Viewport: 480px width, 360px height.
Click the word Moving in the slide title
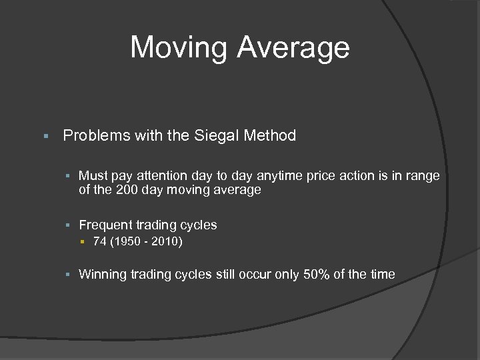click(178, 47)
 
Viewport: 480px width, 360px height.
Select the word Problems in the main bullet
click(96, 136)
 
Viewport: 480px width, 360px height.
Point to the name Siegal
click(217, 136)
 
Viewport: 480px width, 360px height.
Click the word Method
click(270, 136)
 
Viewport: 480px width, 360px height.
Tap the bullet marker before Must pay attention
click(69, 176)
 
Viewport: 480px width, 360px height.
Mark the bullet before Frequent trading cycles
click(69, 225)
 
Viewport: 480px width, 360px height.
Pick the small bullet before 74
click(83, 242)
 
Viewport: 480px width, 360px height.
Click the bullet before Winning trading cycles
click(69, 275)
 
